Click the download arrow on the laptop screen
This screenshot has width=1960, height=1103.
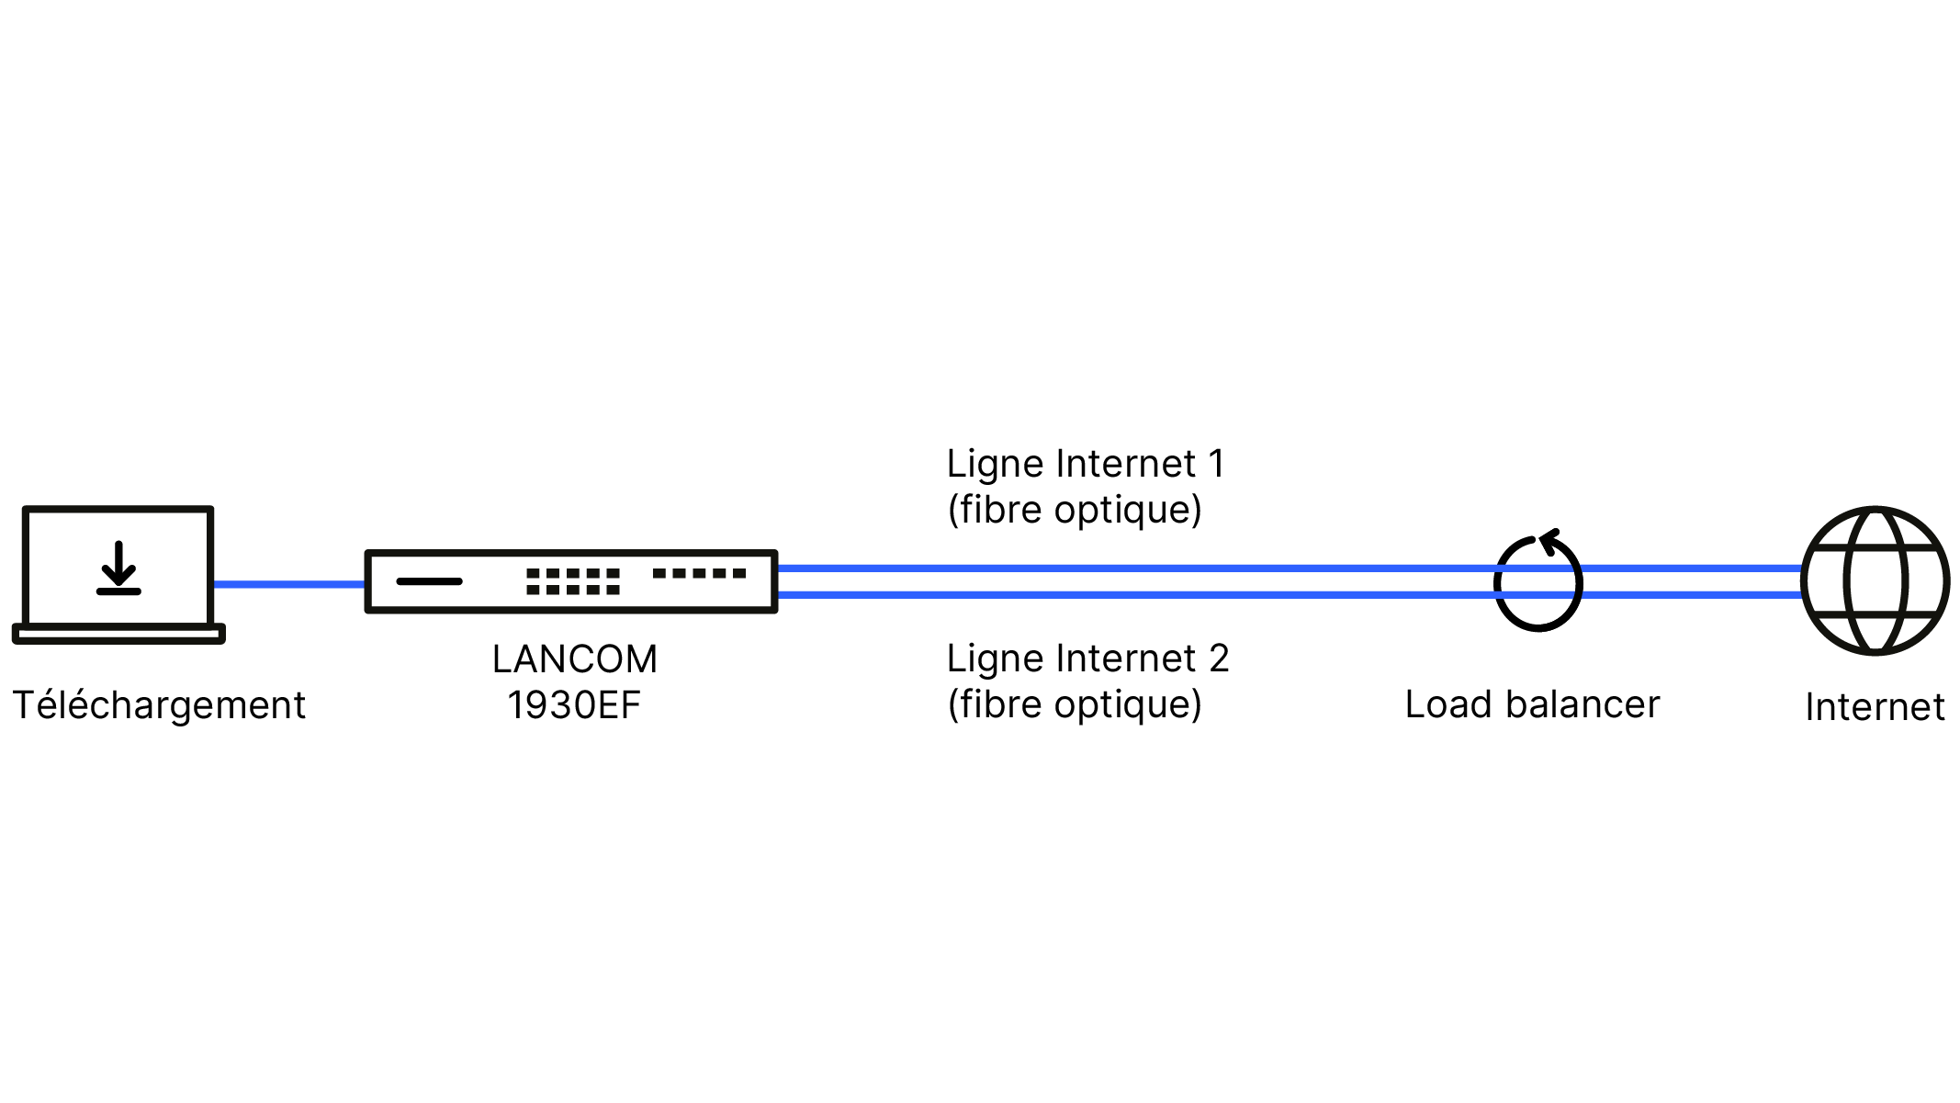coord(118,568)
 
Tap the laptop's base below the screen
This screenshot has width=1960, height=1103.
coord(118,634)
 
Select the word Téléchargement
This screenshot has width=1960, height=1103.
coord(159,705)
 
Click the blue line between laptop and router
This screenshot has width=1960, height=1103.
coord(289,584)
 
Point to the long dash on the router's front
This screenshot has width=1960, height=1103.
coord(429,581)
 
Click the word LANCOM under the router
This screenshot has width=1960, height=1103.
coord(575,659)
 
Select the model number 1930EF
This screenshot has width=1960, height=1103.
coord(574,705)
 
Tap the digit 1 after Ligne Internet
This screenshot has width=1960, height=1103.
coord(1217,464)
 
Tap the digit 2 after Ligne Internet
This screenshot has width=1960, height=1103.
coord(1219,658)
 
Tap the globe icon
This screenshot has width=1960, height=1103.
coord(1876,580)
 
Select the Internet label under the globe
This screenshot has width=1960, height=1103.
coord(1875,707)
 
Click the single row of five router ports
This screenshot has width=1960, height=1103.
coord(699,573)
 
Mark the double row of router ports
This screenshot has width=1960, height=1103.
coord(573,581)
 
